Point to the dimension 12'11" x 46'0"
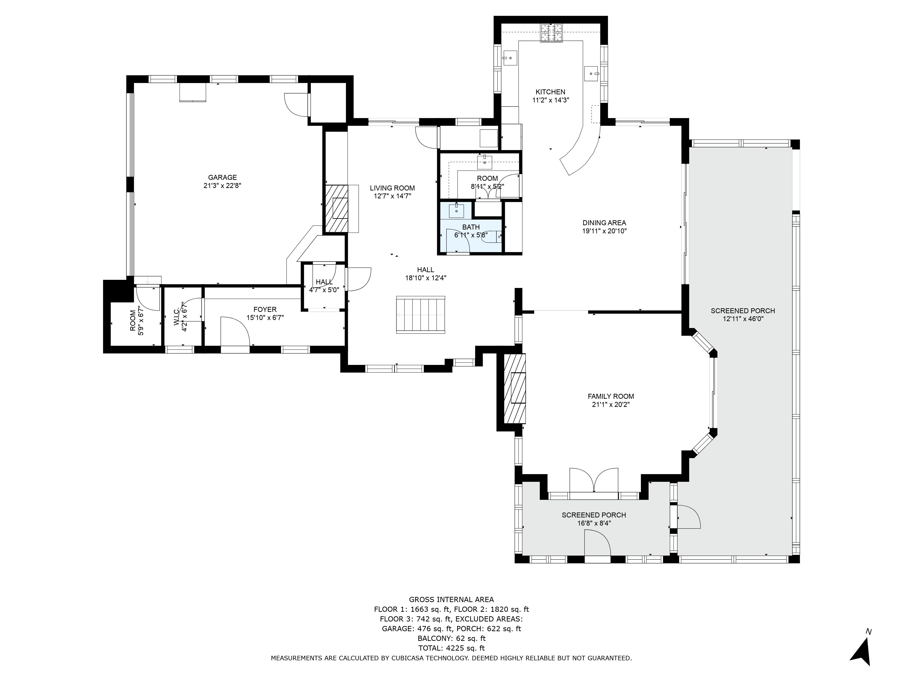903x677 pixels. click(x=742, y=319)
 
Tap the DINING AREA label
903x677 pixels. click(x=604, y=223)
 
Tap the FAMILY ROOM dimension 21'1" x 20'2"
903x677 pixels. click(x=611, y=404)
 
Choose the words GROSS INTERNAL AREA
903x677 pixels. click(x=451, y=599)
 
